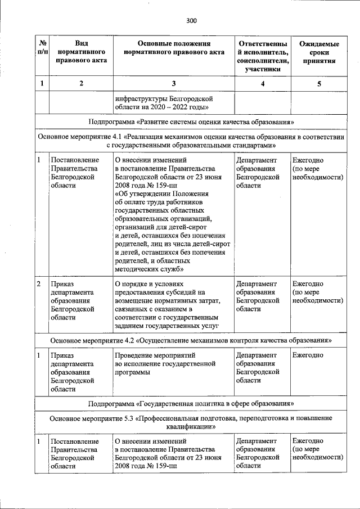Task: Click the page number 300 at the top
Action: (x=191, y=21)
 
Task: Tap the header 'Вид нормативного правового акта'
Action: (x=81, y=52)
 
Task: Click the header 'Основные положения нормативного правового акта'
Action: (x=173, y=48)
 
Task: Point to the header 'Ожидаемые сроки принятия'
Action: (x=319, y=52)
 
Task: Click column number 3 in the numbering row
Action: (x=173, y=84)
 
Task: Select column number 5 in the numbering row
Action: (x=319, y=84)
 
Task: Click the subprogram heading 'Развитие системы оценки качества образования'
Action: (x=191, y=121)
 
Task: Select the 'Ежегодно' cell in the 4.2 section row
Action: (x=308, y=355)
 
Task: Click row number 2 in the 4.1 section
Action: (x=39, y=285)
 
